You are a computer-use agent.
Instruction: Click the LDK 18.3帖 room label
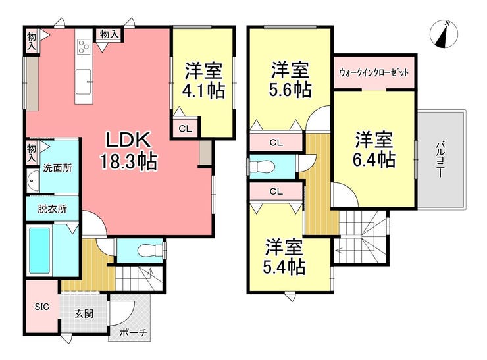pos(128,151)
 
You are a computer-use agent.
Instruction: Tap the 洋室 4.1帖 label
pos(203,80)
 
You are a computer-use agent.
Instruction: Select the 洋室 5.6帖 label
pos(290,80)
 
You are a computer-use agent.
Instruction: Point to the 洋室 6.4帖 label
pos(374,149)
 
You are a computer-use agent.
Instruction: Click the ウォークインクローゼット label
pos(374,73)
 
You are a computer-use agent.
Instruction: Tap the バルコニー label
pos(440,160)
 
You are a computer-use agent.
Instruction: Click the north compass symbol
pos(444,34)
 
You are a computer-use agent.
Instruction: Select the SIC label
pos(42,307)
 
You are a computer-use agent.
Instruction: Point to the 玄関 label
pos(84,313)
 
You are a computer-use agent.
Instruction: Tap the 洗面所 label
pos(57,168)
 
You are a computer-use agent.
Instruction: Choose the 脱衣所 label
pos(52,209)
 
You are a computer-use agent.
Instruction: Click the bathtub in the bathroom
pos(39,251)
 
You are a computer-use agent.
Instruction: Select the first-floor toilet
pos(149,251)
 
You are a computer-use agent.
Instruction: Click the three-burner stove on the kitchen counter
pos(84,47)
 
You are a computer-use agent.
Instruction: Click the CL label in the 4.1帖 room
pos(186,128)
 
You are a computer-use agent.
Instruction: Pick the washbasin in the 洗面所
pos(33,180)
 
